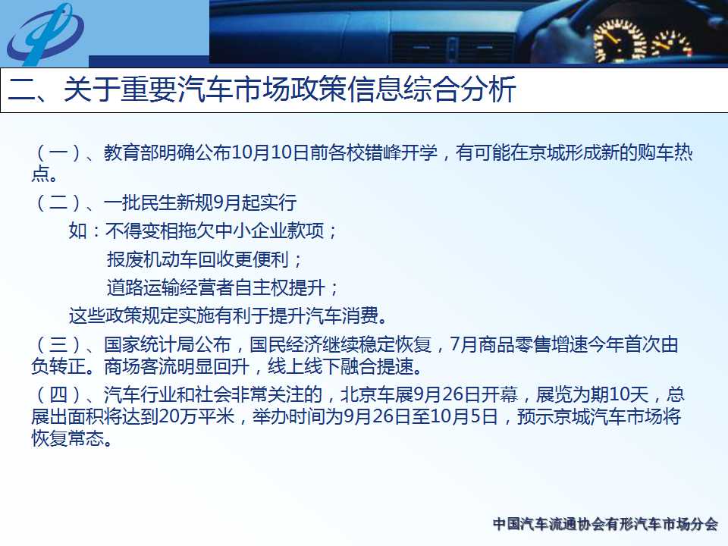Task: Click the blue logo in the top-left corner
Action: pos(45,34)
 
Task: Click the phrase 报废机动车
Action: pos(152,259)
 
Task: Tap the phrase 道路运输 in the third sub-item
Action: pos(143,288)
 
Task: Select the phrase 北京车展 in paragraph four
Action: pos(377,395)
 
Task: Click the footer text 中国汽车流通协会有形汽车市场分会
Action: pos(605,524)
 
